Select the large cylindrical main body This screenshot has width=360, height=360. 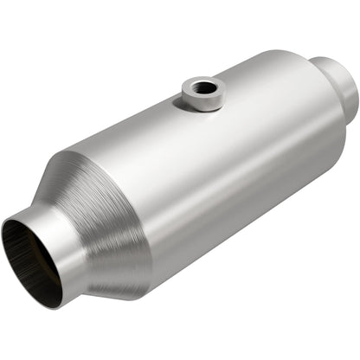pos(225,156)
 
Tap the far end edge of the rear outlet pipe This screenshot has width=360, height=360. pos(354,95)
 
